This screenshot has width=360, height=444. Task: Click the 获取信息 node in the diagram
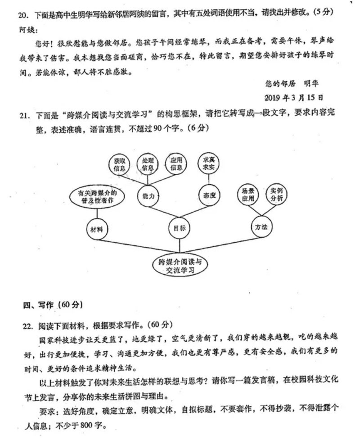coord(119,164)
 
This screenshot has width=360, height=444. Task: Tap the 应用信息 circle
coord(176,163)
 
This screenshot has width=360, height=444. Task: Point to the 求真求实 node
coord(209,163)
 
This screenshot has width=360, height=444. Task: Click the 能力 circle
coord(148,196)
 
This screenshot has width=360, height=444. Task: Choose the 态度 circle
coord(209,195)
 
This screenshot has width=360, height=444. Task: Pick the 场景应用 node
coord(248,195)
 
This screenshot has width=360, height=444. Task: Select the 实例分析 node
coord(276,194)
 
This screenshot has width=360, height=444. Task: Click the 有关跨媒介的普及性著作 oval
coord(97,197)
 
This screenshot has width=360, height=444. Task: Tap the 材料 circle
coord(97,229)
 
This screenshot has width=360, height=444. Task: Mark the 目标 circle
coord(180,228)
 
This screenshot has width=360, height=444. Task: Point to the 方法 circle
coord(261,227)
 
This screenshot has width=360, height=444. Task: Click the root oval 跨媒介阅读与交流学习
coord(180,266)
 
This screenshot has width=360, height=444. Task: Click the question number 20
coord(23,15)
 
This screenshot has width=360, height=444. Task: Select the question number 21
coord(25,116)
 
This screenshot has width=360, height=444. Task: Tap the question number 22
coord(28,326)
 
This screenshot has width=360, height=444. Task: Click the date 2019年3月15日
coord(294,98)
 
